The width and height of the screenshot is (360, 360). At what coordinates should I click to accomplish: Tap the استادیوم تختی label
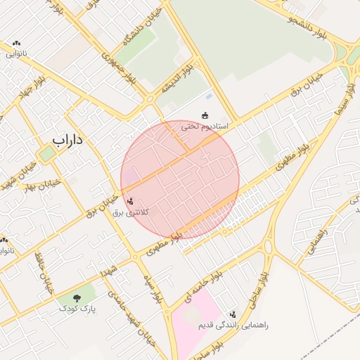point(201,127)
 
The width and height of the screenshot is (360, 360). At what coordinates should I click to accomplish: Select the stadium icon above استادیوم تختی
point(205,115)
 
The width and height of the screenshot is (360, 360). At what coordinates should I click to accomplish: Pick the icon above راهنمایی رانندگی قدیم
point(233,315)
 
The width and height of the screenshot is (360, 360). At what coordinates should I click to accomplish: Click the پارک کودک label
point(77,309)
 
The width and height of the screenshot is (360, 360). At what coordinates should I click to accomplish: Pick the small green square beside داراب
point(47,154)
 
